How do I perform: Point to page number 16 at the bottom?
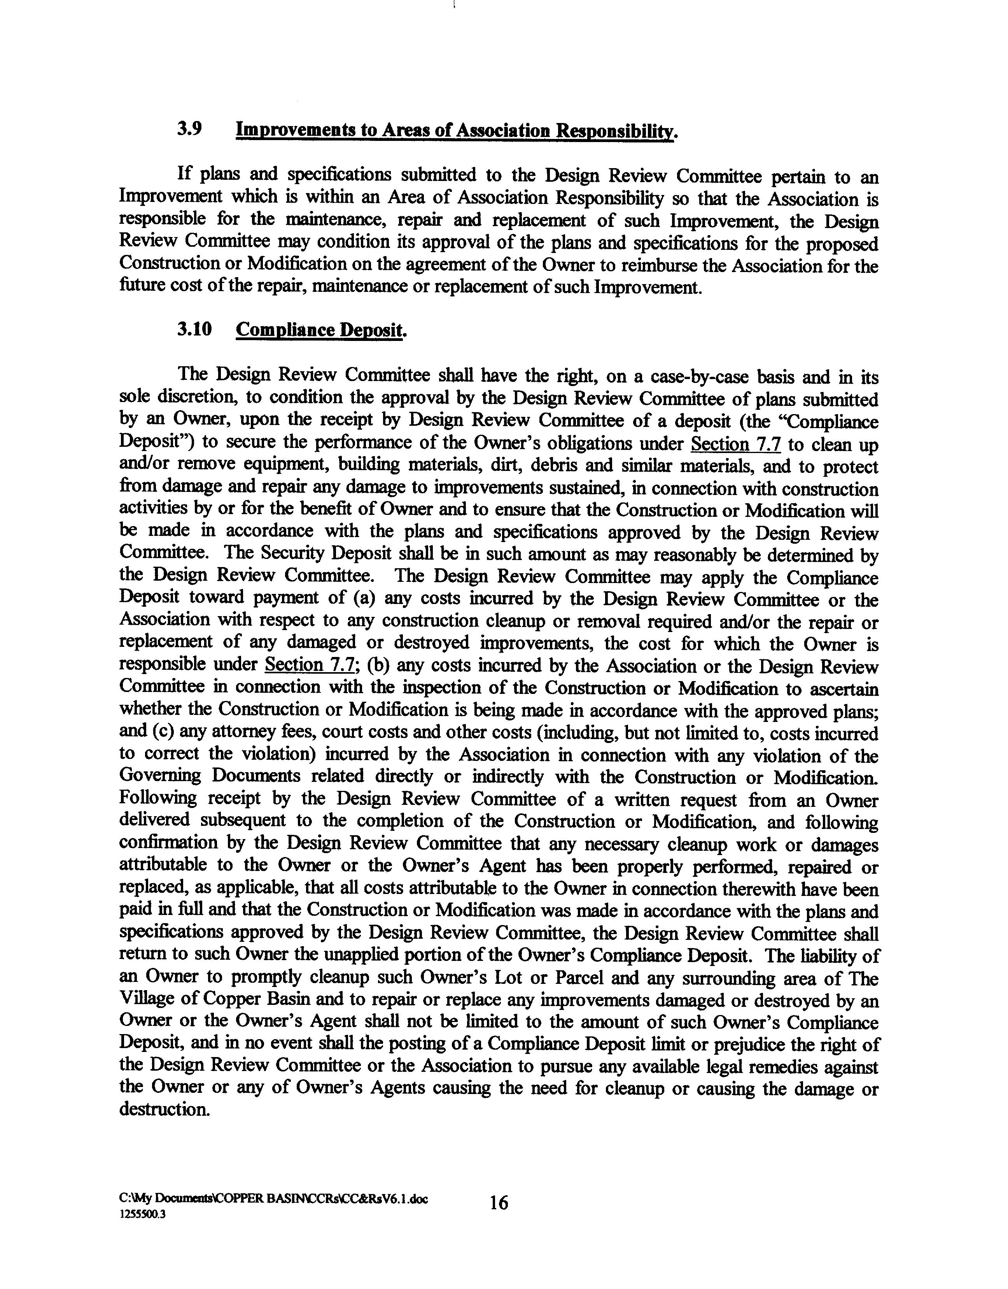click(499, 1202)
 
